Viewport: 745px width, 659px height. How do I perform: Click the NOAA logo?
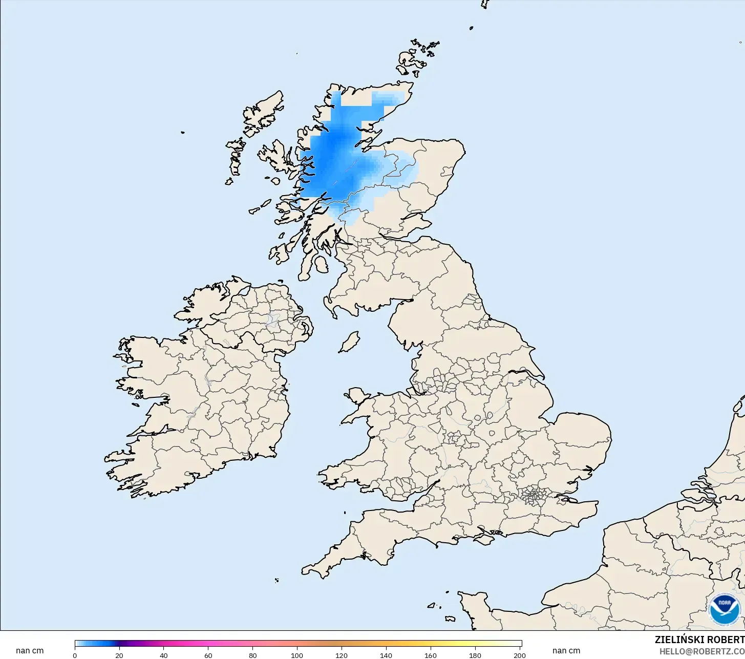pyautogui.click(x=725, y=609)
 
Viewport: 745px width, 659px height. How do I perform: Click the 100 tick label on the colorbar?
pyautogui.click(x=297, y=655)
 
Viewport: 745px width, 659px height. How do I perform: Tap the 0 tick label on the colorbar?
pyautogui.click(x=75, y=655)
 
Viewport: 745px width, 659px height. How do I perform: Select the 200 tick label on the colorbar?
pyautogui.click(x=519, y=655)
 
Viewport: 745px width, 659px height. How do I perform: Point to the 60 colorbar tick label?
pyautogui.click(x=208, y=655)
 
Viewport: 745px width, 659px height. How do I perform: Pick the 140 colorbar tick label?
pyautogui.click(x=386, y=655)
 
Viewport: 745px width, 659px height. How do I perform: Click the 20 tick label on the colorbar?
pyautogui.click(x=119, y=655)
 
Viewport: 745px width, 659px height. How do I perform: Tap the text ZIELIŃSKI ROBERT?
pyautogui.click(x=699, y=640)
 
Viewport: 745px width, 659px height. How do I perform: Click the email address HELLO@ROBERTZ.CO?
pyautogui.click(x=701, y=651)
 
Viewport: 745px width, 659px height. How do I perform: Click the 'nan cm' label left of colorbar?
pyautogui.click(x=30, y=651)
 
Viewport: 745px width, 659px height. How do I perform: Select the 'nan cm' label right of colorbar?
pyautogui.click(x=566, y=651)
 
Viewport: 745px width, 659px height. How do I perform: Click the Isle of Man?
pyautogui.click(x=350, y=342)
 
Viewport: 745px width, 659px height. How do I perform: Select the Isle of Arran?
pyautogui.click(x=321, y=265)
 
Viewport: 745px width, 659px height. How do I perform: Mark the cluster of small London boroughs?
pyautogui.click(x=533, y=496)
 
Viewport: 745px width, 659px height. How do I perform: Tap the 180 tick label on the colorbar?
pyautogui.click(x=475, y=655)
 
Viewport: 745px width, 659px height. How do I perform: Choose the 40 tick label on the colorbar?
pyautogui.click(x=163, y=655)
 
